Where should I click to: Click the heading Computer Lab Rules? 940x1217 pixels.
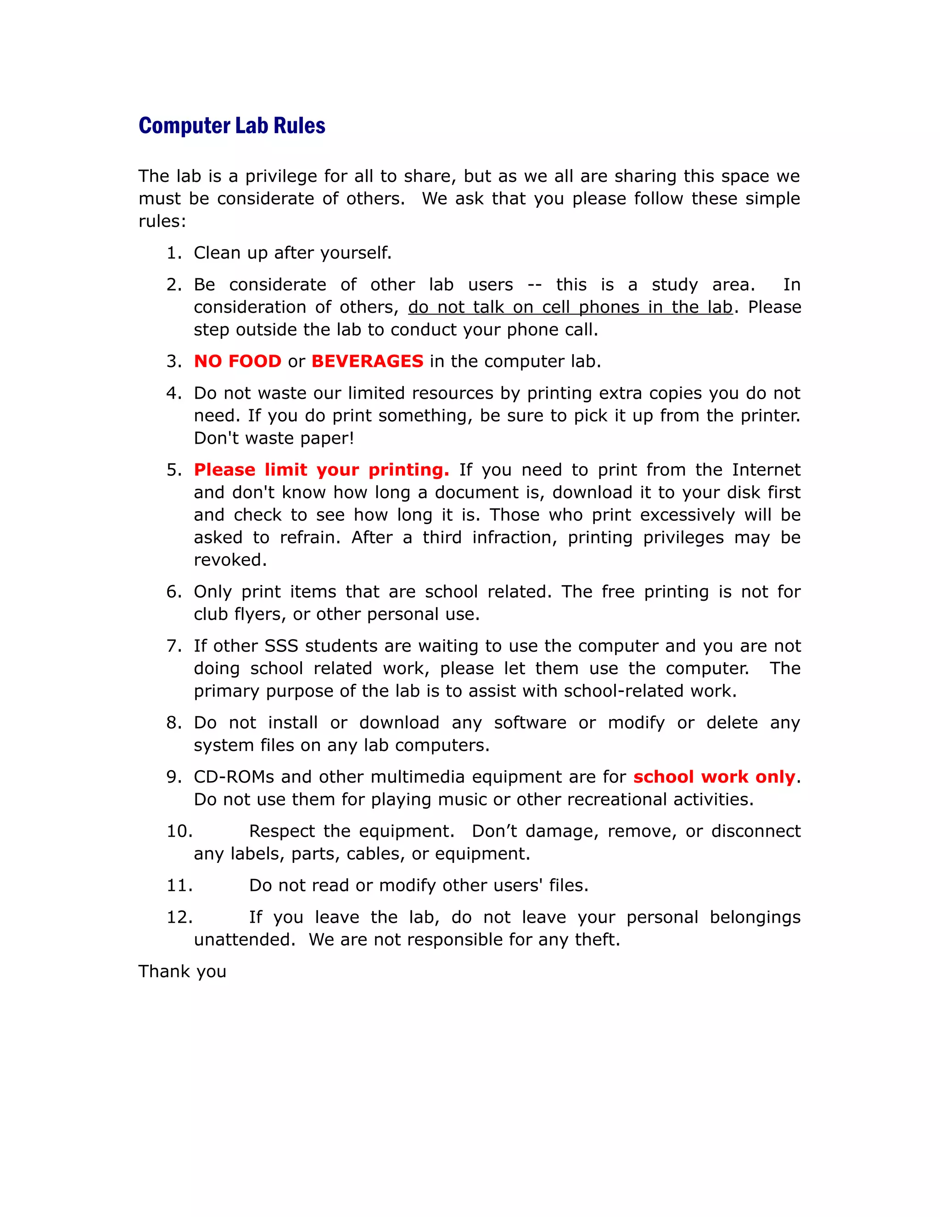232,126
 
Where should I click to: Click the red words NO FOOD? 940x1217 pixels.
237,361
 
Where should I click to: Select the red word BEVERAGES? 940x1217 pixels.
367,361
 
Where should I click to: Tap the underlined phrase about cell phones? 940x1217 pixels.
570,307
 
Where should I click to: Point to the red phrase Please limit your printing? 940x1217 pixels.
321,470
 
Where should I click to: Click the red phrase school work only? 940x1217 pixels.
714,777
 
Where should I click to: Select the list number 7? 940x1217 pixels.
174,646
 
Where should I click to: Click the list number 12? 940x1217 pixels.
179,917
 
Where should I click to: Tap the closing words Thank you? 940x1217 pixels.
182,971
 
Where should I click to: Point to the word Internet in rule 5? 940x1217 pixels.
766,470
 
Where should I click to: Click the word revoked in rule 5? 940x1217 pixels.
230,560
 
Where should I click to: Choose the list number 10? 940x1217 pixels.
179,831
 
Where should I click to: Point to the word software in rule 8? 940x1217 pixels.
530,723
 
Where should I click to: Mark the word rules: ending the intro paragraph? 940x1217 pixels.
162,221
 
